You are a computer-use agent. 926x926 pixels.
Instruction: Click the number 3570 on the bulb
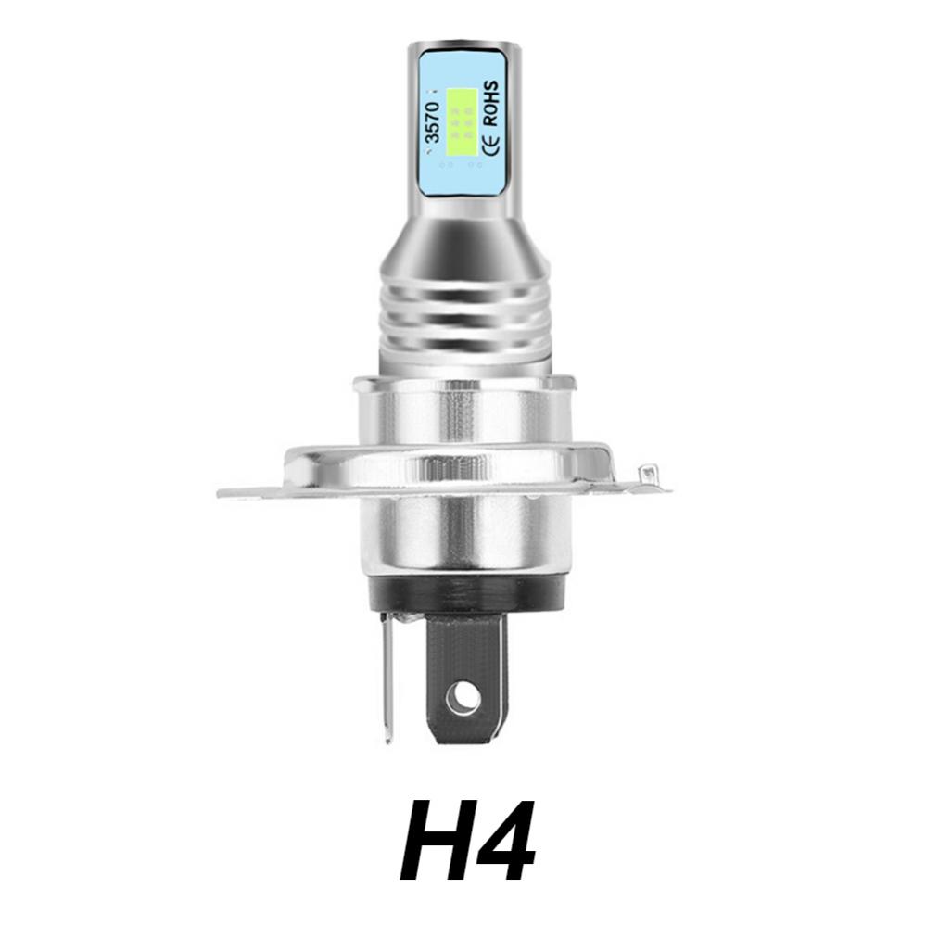pyautogui.click(x=433, y=121)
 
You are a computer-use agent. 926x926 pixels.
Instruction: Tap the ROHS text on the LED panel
pyautogui.click(x=490, y=103)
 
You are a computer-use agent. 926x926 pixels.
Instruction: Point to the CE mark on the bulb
pyautogui.click(x=490, y=145)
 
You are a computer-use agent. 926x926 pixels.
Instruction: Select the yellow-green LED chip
pyautogui.click(x=462, y=121)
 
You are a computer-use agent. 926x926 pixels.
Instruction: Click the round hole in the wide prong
pyautogui.click(x=463, y=699)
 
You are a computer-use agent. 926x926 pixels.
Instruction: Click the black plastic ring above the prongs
pyautogui.click(x=466, y=594)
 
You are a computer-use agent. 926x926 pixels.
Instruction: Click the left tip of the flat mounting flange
pyautogui.click(x=220, y=493)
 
